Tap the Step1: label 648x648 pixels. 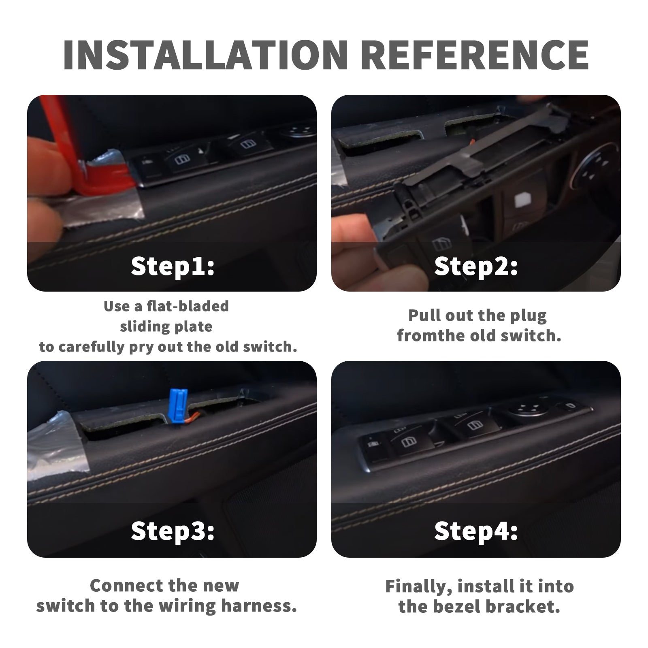coord(173,267)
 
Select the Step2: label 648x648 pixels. coord(476,267)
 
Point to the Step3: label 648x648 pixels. coord(173,531)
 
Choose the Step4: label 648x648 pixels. coord(476,531)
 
